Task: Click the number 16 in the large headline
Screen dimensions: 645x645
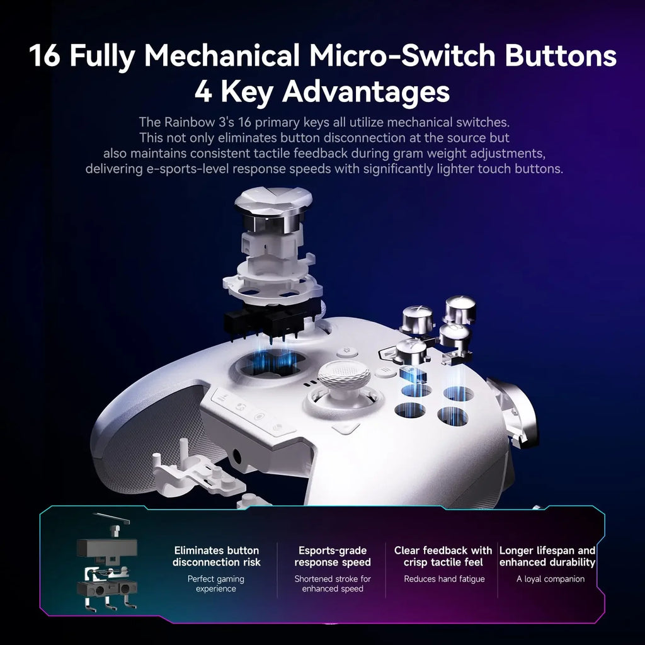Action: pos(45,56)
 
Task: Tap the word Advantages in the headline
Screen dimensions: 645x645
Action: pos(365,92)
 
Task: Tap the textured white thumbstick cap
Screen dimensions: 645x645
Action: pos(344,376)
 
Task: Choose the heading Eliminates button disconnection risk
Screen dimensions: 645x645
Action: pos(216,556)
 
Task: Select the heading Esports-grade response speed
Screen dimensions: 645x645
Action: pos(333,556)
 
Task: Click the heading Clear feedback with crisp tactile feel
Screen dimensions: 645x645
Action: pos(443,556)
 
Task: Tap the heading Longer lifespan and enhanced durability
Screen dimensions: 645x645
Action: pos(547,556)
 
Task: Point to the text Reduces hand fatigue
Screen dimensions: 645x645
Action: pos(444,579)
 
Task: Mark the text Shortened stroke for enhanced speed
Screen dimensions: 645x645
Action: pos(333,583)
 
